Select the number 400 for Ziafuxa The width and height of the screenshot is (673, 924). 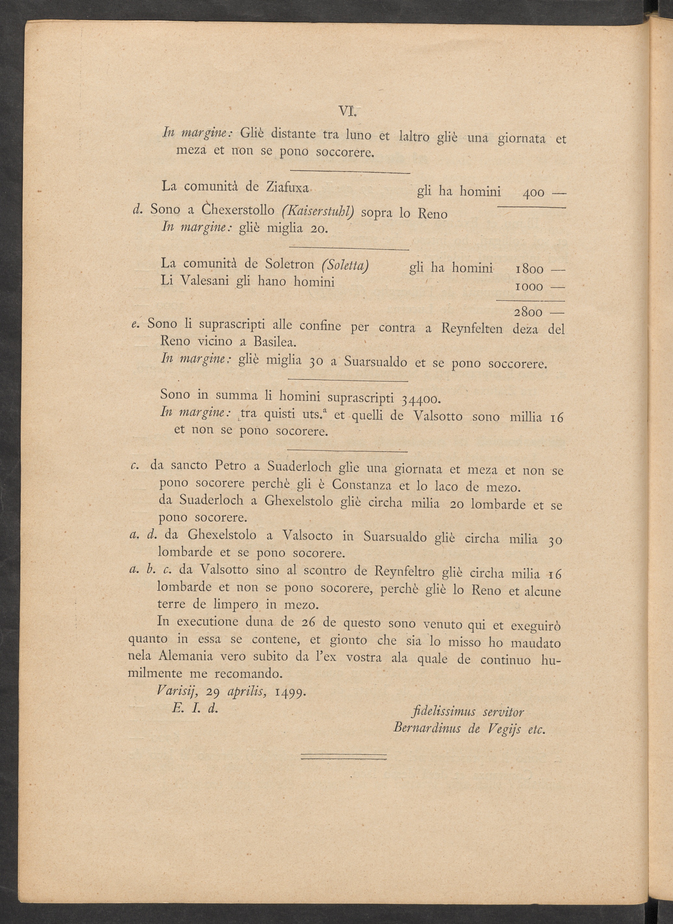(x=533, y=193)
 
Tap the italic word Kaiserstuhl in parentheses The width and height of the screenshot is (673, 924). (x=318, y=212)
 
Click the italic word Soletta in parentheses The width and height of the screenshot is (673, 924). (x=345, y=265)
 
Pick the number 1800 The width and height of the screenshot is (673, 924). (x=529, y=270)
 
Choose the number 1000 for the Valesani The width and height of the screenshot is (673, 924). (x=529, y=287)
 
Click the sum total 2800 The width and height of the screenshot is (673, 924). (x=528, y=313)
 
